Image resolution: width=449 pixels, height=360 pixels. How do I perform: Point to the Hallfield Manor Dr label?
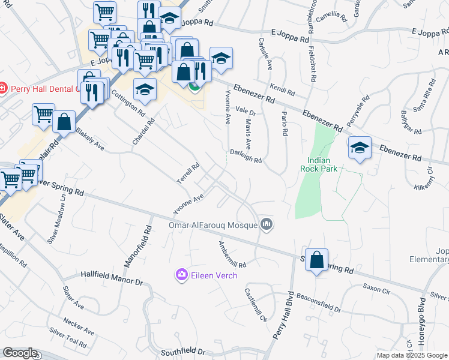tap(112, 278)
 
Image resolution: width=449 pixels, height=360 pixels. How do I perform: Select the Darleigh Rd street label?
tap(246, 155)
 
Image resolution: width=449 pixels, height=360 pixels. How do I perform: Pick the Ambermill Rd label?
tap(232, 254)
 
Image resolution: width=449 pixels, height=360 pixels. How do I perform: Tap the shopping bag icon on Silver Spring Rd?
tap(317, 260)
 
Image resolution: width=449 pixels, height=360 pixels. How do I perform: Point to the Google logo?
tap(20, 353)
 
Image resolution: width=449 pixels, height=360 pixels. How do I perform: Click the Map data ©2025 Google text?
tap(412, 355)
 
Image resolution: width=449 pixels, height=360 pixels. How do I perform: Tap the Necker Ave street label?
tap(79, 326)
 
